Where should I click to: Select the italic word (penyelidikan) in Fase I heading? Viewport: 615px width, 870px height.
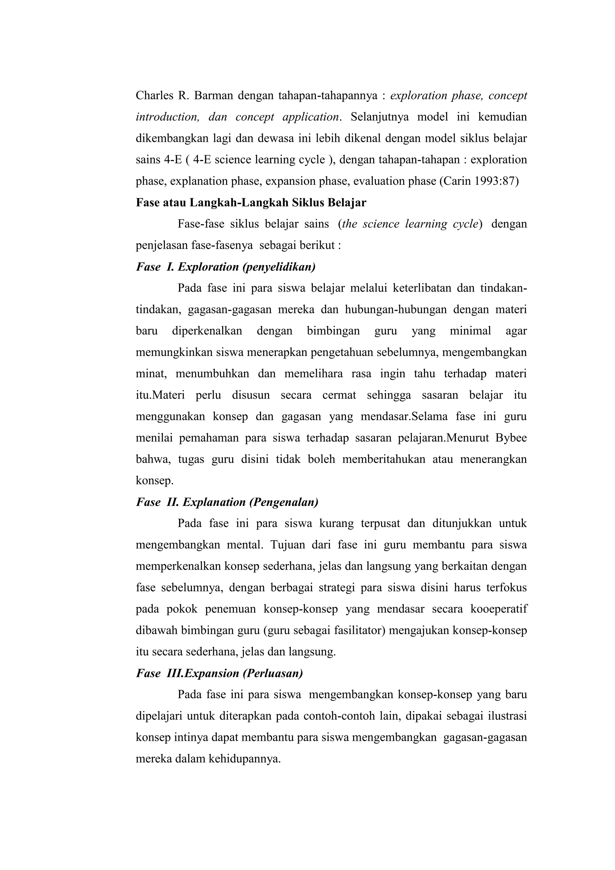point(279,267)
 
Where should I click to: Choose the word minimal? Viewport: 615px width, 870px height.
point(470,331)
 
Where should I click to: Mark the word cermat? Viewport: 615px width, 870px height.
point(339,395)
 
